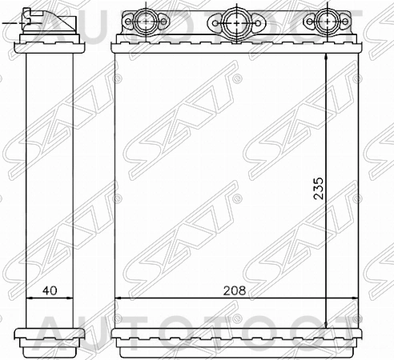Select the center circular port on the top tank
(x=235, y=19)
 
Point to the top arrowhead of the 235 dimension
(x=328, y=58)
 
